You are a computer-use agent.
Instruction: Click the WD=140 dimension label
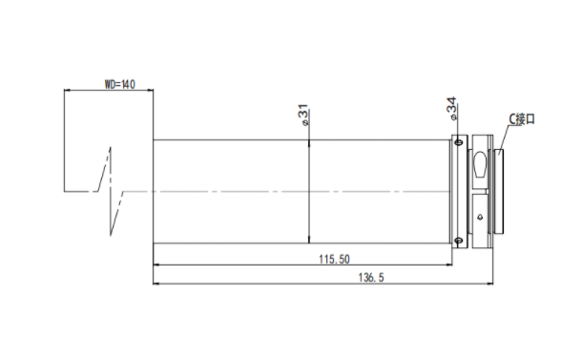tap(119, 84)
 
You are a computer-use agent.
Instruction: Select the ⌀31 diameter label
tap(302, 116)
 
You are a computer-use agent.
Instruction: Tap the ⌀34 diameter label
tap(451, 109)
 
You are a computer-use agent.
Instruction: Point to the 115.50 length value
tap(334, 259)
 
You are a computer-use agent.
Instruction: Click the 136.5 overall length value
tap(371, 278)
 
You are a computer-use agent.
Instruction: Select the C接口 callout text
tap(522, 119)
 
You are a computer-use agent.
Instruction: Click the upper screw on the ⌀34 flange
tap(458, 142)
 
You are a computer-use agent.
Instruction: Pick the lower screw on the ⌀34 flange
tap(458, 241)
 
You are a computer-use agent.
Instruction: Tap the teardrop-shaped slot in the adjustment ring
tap(480, 164)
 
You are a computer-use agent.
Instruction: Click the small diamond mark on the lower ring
tap(480, 217)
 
